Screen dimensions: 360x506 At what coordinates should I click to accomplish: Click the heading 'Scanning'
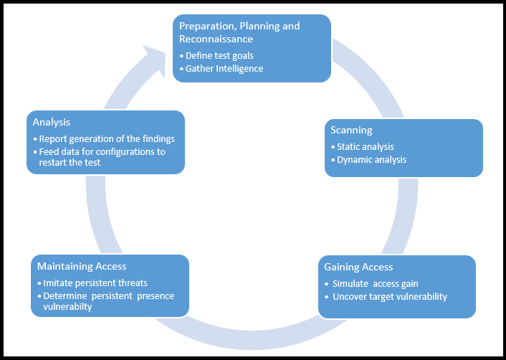coord(351,130)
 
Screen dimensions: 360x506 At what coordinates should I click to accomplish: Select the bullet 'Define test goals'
coord(219,55)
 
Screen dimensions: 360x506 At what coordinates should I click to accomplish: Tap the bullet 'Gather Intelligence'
coord(224,68)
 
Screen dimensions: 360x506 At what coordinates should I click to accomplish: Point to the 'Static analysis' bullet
coord(366,146)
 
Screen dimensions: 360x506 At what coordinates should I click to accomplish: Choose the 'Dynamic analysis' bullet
coord(371,159)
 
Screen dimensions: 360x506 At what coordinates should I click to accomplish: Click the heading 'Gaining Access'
coord(358,267)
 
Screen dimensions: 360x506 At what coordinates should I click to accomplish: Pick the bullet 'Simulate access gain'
coord(375,283)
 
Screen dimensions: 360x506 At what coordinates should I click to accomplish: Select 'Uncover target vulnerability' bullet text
coord(389,296)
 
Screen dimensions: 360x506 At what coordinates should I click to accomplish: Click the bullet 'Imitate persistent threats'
coord(95,283)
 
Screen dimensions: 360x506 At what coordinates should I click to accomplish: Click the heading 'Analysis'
coord(52,122)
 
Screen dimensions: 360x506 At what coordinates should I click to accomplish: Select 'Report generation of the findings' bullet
coord(107,138)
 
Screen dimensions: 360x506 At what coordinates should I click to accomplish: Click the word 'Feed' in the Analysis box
coord(49,151)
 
